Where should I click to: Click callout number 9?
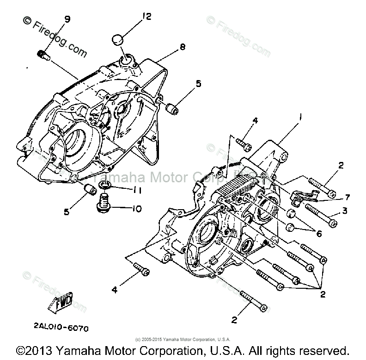click(x=67, y=19)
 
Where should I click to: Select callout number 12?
click(x=146, y=17)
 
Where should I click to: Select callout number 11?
click(x=137, y=190)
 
